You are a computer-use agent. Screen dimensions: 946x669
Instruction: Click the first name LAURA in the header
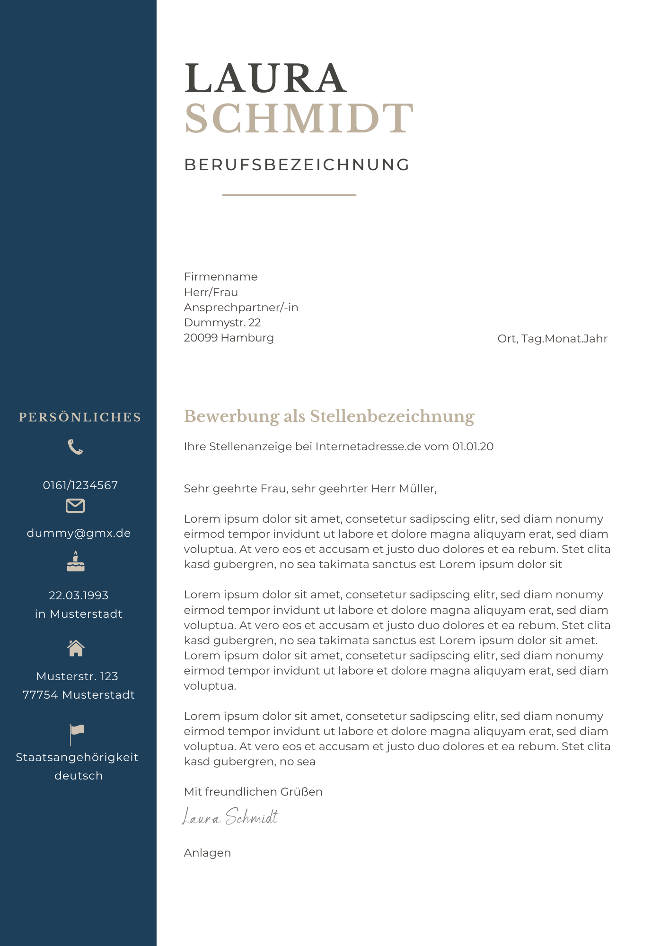[x=265, y=79]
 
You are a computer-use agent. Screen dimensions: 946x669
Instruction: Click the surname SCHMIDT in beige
[x=299, y=118]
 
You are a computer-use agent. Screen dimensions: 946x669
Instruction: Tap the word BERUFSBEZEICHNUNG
[x=297, y=165]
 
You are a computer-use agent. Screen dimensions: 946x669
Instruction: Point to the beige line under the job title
[x=289, y=194]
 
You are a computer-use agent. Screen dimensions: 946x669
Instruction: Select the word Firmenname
[x=220, y=277]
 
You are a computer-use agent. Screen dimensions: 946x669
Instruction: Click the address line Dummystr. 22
[x=222, y=323]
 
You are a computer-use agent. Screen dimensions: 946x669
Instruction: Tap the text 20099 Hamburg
[x=229, y=338]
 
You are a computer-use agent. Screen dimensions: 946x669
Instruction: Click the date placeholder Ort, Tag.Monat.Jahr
[x=552, y=339]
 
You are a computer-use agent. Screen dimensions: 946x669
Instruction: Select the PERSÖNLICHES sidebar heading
[x=79, y=417]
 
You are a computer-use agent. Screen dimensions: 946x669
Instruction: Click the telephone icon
[x=75, y=447]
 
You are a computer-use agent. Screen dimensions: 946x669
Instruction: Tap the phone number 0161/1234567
[x=80, y=485]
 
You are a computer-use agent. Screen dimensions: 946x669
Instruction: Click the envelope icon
[x=75, y=506]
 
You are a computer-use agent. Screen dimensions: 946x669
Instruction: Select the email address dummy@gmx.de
[x=79, y=533]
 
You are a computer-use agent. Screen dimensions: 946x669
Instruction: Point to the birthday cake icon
[x=76, y=561]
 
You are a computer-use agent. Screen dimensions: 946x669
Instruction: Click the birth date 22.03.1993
[x=79, y=596]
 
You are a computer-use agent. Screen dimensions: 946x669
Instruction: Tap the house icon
[x=76, y=648]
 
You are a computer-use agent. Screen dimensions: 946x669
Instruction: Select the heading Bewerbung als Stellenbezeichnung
[x=329, y=416]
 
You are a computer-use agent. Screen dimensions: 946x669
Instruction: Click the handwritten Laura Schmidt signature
[x=230, y=817]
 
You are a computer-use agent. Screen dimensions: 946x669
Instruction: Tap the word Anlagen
[x=207, y=853]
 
